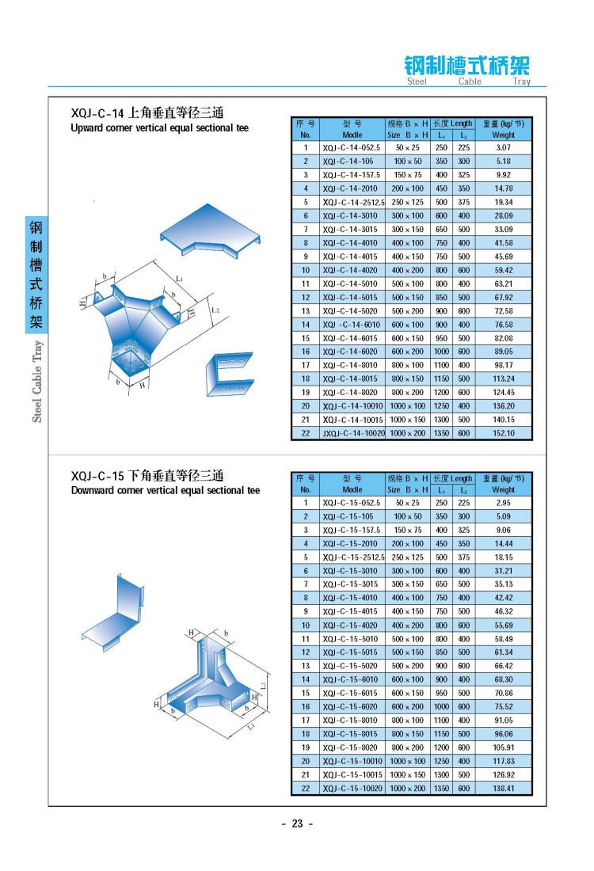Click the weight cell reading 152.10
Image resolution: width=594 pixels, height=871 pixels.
(504, 433)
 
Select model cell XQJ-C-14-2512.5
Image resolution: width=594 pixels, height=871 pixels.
(352, 202)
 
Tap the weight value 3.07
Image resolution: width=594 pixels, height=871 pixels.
(504, 147)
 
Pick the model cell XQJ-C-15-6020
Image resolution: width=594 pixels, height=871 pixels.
(351, 707)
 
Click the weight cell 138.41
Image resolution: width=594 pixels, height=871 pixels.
(504, 789)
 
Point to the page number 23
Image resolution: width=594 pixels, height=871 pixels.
(298, 823)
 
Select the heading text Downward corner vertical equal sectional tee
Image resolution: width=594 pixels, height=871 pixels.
(165, 491)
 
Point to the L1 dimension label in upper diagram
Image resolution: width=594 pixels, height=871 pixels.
(181, 280)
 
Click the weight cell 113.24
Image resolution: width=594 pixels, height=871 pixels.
(504, 378)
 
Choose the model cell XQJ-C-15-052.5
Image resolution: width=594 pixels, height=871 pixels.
(351, 503)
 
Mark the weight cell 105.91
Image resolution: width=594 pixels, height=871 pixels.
(504, 747)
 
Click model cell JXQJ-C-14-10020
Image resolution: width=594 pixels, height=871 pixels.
(352, 433)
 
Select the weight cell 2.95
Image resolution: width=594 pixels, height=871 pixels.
(504, 503)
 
